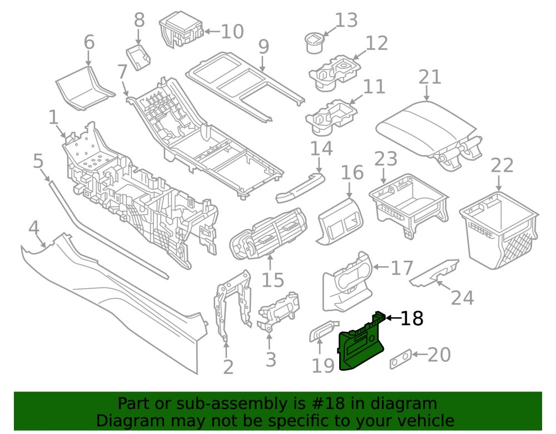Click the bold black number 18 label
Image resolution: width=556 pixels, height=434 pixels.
(411, 318)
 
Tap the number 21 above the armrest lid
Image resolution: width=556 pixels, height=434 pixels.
(430, 77)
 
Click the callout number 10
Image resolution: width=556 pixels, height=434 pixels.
(232, 32)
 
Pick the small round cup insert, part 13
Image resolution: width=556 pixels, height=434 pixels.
(314, 43)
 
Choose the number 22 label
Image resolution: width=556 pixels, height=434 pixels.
(502, 166)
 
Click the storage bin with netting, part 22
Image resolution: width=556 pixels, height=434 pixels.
(499, 230)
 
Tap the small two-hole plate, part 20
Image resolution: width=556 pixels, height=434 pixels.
(401, 359)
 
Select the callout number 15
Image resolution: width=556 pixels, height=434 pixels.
(272, 280)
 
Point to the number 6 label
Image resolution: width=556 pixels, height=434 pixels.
(89, 42)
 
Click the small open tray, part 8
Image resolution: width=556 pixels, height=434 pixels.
(138, 57)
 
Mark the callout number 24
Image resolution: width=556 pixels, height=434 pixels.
(463, 298)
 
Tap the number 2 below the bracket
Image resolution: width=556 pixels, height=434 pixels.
(228, 367)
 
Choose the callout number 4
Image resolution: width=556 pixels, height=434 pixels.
(34, 228)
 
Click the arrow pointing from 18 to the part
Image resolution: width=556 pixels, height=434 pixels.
(392, 318)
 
